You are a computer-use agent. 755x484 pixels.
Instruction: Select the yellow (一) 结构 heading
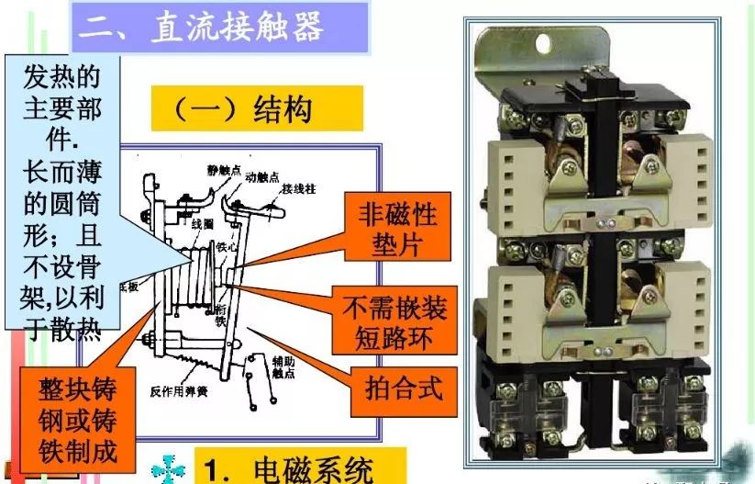click(x=244, y=110)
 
